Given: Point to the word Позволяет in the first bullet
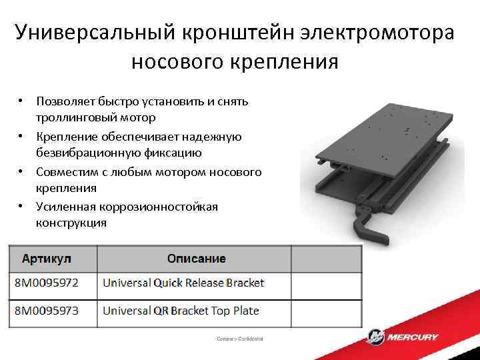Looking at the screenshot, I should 65,101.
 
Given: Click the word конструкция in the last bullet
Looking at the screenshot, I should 71,223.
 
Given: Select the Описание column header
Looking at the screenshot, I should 196,259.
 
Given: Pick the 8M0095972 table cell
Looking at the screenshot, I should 47,283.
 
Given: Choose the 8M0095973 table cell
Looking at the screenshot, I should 47,311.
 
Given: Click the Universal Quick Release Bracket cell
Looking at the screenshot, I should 183,283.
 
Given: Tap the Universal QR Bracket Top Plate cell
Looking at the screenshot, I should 180,311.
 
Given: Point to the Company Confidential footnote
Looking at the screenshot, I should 240,339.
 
